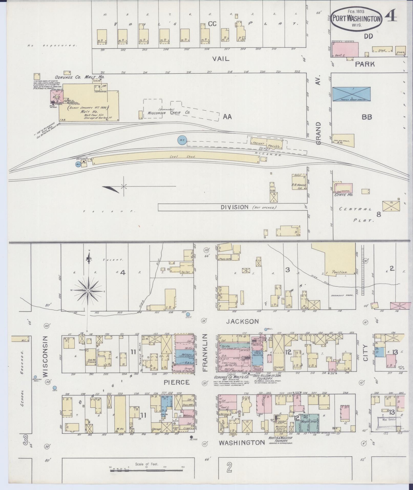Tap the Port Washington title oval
coord(356,18)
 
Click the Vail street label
coord(221,59)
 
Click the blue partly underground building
coord(351,94)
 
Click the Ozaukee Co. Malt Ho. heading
coord(79,77)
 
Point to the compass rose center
coord(88,291)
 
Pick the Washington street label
coord(242,442)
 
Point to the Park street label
coord(365,64)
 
